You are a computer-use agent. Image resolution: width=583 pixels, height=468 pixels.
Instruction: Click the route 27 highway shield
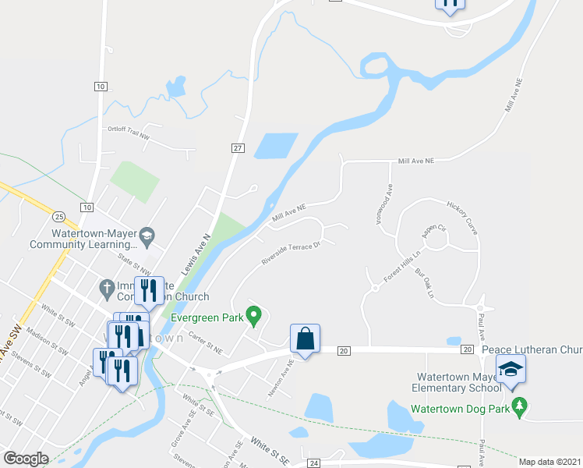click(238, 147)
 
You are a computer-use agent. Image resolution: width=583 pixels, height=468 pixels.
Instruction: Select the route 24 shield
click(313, 463)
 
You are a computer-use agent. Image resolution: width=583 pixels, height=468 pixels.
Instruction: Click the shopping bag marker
click(305, 339)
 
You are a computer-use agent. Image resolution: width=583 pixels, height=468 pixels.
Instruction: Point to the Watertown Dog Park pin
click(521, 406)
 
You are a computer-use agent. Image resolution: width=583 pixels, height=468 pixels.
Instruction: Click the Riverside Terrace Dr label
click(291, 254)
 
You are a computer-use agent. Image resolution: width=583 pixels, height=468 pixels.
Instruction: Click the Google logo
click(26, 459)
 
